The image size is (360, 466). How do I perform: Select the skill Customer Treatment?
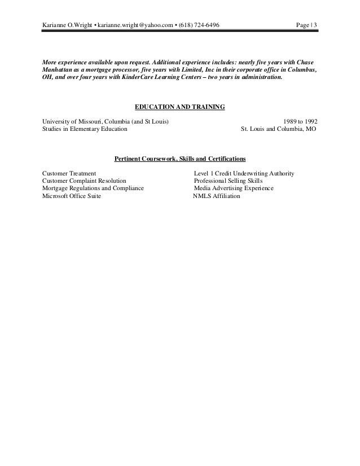(x=69, y=173)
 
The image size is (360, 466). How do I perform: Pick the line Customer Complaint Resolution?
(x=85, y=181)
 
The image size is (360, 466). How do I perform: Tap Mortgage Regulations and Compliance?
(x=93, y=188)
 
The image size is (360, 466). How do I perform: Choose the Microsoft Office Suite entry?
(x=72, y=196)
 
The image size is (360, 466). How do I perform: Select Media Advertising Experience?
(x=234, y=188)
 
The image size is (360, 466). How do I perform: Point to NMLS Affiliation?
(x=217, y=196)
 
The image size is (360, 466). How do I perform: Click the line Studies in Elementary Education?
(x=85, y=129)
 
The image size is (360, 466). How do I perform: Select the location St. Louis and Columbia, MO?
(x=279, y=129)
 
